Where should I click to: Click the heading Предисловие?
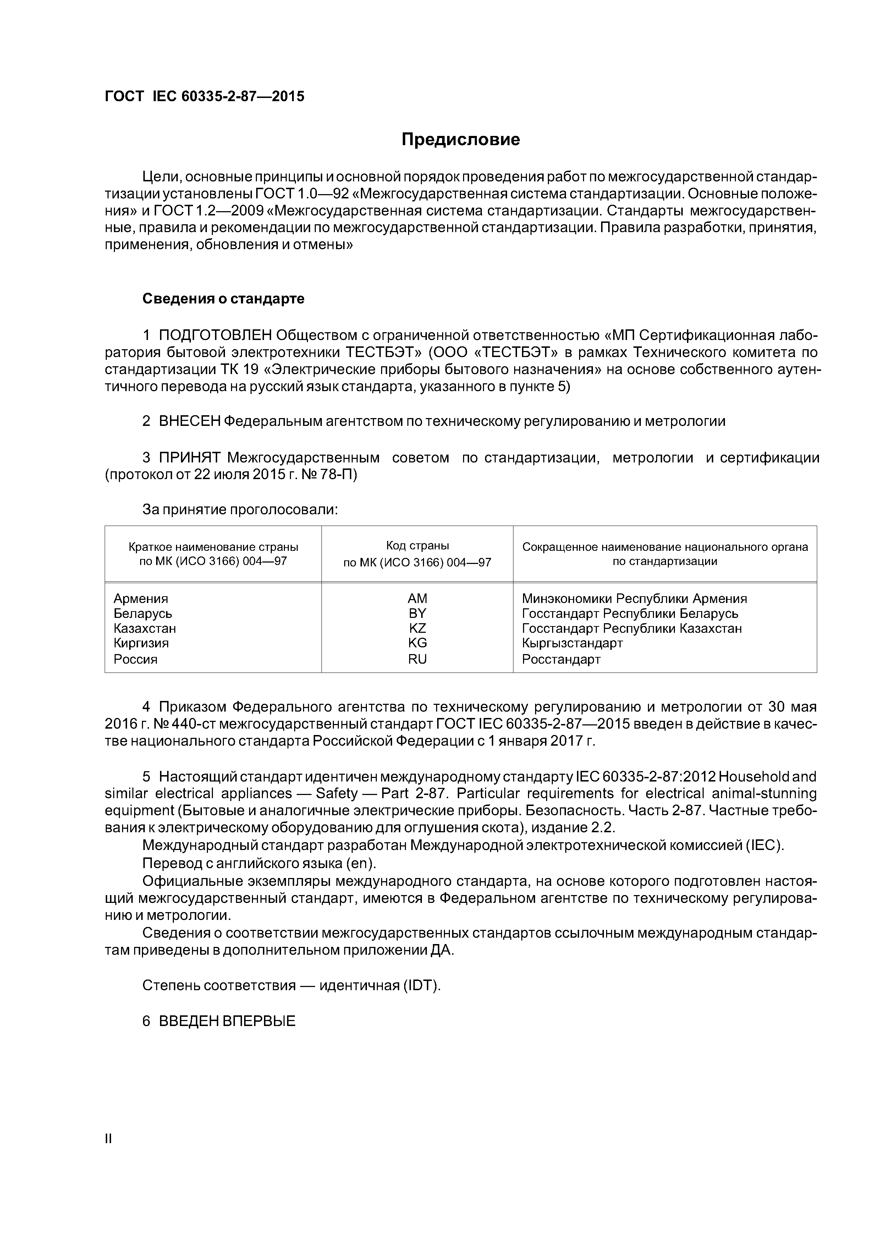click(460, 140)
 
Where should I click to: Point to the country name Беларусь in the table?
click(143, 613)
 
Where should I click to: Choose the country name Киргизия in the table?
click(141, 643)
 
